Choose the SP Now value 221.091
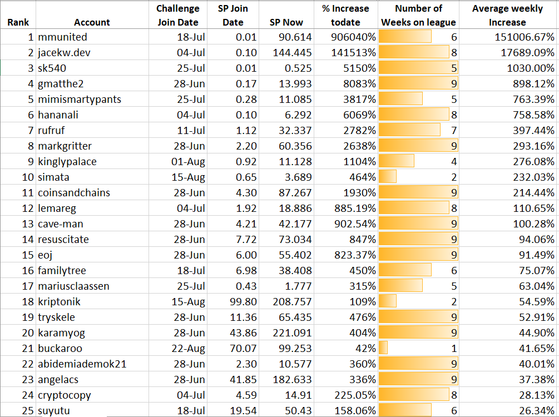292,333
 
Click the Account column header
92,22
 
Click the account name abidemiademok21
82,364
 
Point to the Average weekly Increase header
507,16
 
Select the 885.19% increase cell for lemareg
351,209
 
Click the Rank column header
18,22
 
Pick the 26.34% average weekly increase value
533,411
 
